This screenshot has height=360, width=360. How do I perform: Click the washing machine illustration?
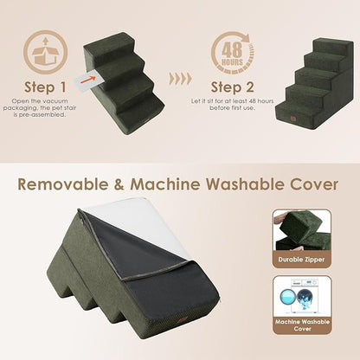[x=304, y=299]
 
